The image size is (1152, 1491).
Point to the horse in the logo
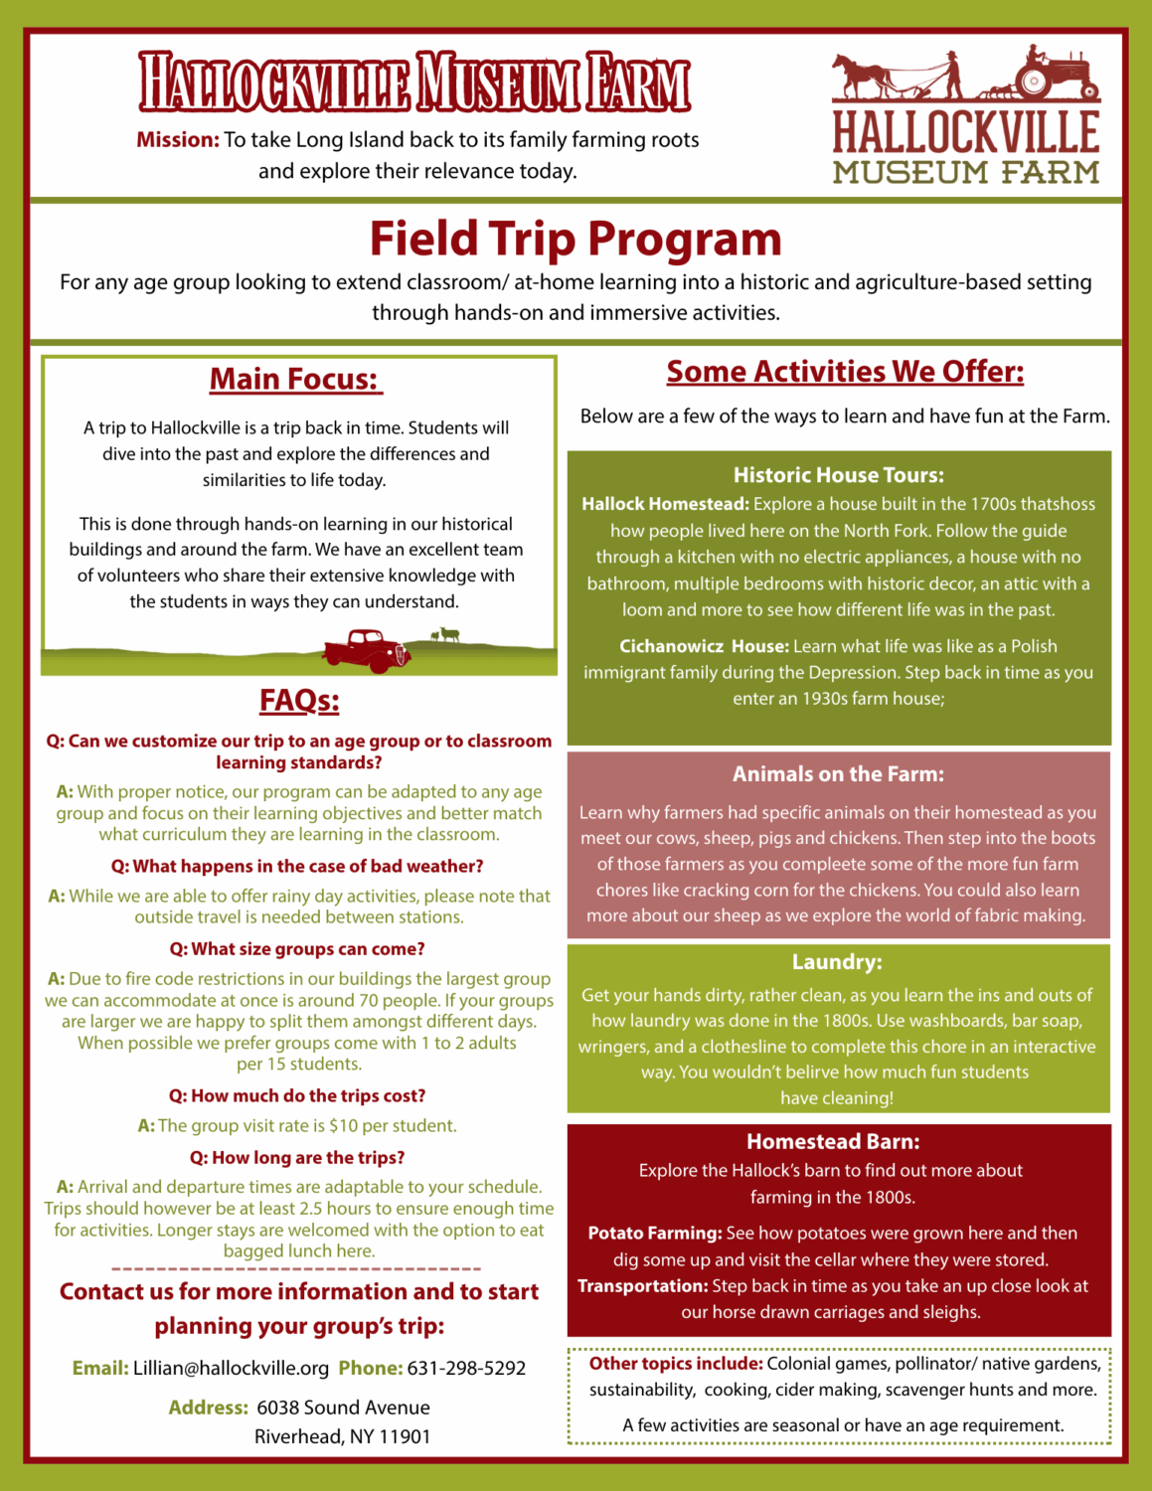(861, 75)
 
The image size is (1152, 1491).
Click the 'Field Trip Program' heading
(576, 240)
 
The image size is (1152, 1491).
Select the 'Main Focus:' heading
(294, 379)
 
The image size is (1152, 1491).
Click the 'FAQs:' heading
(299, 700)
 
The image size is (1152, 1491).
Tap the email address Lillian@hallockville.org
(231, 1368)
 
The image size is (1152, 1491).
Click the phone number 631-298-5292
(466, 1368)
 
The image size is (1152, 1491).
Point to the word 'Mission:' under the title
(178, 140)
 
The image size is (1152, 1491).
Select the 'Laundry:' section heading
(837, 962)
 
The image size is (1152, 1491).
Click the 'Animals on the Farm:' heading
(838, 774)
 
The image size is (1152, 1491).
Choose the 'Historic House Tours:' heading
(839, 475)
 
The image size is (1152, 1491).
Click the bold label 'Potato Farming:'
(655, 1233)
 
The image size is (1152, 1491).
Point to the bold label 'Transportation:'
(642, 1285)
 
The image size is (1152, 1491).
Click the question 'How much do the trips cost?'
(297, 1095)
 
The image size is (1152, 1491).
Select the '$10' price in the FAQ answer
(343, 1125)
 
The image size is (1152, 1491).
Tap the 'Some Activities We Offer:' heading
(845, 372)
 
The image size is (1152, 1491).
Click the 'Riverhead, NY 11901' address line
(342, 1436)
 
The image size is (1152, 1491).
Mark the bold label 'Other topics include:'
(676, 1363)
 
